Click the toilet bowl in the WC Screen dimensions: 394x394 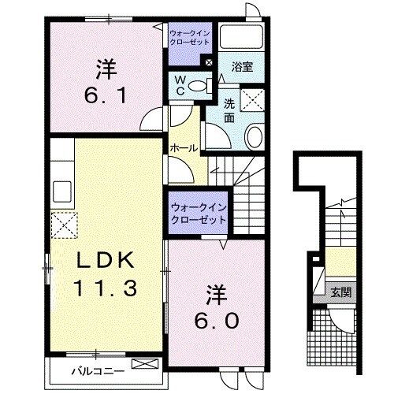[198, 85]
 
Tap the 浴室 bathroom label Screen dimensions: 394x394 [242, 67]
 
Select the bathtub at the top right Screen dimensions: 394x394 [241, 37]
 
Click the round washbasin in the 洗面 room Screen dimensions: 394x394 [254, 136]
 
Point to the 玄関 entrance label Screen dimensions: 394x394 [341, 292]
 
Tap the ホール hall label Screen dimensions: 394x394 [184, 148]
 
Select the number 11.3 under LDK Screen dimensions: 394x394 [106, 288]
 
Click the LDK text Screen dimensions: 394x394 [106, 260]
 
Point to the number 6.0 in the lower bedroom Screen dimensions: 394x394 [217, 321]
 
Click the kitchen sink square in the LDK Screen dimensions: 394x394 [62, 191]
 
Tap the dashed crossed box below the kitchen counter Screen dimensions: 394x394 [65, 225]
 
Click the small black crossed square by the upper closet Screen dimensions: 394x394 [209, 62]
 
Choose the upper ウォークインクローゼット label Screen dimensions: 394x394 [190, 38]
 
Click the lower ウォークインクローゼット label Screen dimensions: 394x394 [199, 214]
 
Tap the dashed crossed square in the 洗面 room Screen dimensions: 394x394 [252, 100]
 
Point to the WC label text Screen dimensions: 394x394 [180, 85]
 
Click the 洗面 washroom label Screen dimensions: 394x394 [229, 111]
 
